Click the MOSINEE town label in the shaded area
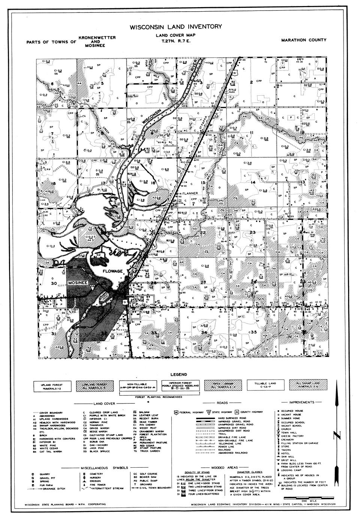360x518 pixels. tap(78, 282)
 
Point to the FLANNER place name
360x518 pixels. tap(190, 194)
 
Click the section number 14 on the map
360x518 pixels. tap(253, 182)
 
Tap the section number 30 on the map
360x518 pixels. tap(54, 283)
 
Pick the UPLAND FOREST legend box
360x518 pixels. tap(52, 386)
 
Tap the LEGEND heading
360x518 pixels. tap(179, 374)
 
